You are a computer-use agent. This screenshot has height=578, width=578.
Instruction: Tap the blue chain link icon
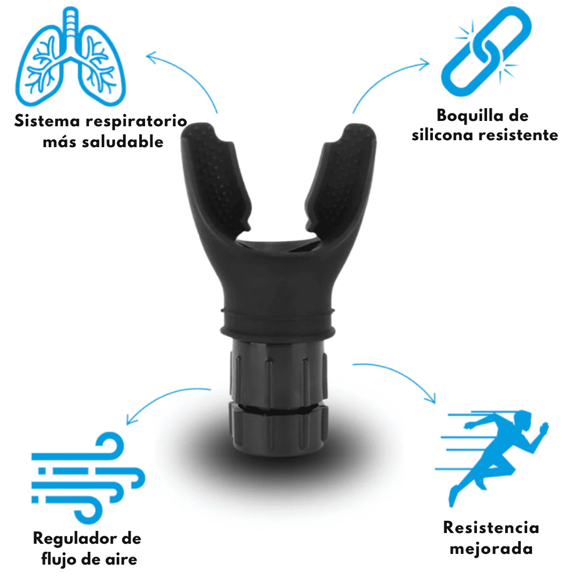click(486, 51)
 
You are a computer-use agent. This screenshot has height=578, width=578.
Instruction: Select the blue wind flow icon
click(88, 478)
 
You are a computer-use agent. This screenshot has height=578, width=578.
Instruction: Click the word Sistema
click(47, 121)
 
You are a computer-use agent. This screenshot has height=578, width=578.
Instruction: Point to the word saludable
click(123, 142)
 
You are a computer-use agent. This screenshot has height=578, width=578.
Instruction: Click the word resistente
click(518, 135)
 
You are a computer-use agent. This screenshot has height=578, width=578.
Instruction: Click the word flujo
click(59, 559)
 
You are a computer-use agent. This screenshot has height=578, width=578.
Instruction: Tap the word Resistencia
click(491, 528)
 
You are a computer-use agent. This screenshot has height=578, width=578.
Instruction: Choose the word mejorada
click(491, 549)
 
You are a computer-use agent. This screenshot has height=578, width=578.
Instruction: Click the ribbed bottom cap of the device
click(278, 429)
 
